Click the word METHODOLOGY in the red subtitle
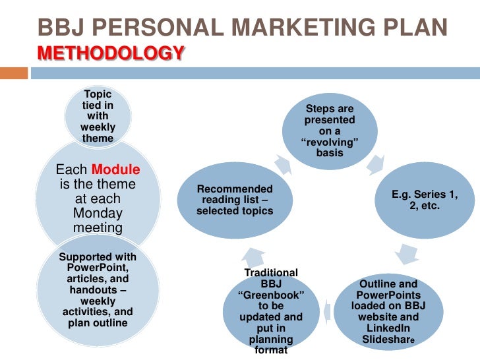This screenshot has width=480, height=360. click(x=111, y=52)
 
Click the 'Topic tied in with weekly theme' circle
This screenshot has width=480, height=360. click(x=98, y=117)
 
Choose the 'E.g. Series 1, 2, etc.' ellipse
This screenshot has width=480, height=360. click(x=424, y=201)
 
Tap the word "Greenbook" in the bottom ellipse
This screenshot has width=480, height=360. click(x=271, y=295)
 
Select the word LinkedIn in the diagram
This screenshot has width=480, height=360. click(x=387, y=328)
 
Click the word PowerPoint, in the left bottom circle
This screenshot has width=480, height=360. click(x=98, y=268)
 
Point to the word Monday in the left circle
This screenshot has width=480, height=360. click(x=98, y=213)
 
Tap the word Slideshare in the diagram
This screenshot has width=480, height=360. click(x=388, y=340)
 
